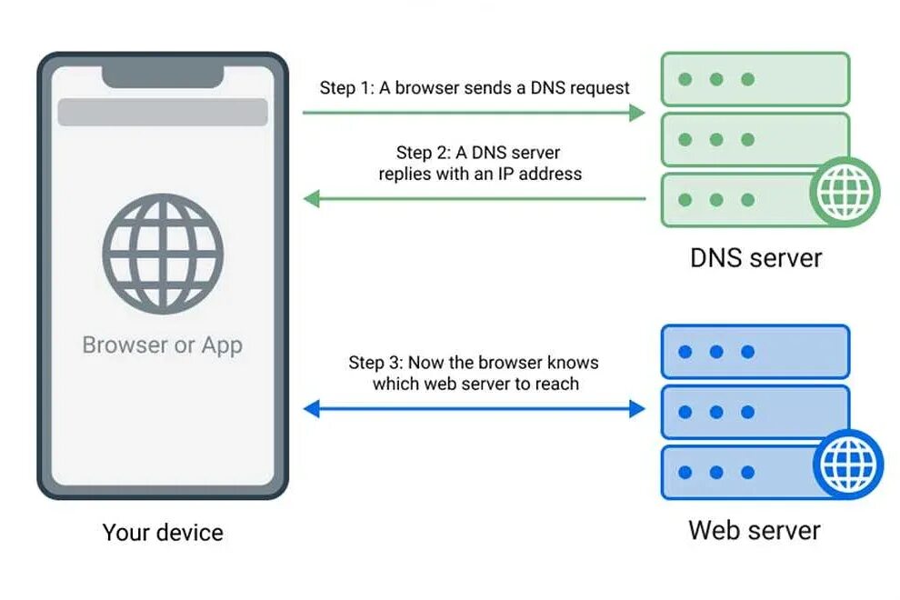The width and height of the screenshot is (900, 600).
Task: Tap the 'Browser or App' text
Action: [x=163, y=345]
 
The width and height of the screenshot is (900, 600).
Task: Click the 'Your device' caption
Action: [x=163, y=532]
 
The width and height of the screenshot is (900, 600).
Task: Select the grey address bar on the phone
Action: [x=163, y=112]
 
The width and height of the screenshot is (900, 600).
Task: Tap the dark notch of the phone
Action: [x=163, y=75]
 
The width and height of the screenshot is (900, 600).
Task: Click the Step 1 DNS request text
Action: [x=475, y=88]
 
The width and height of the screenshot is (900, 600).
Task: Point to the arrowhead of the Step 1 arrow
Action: [x=637, y=112]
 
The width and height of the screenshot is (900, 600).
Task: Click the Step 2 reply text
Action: [x=480, y=163]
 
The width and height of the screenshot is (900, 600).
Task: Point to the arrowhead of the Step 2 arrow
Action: [x=312, y=197]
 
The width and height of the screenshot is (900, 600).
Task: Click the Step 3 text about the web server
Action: [x=474, y=373]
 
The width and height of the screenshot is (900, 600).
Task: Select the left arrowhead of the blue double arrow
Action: [x=312, y=409]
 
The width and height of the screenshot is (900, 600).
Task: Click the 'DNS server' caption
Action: [x=755, y=257]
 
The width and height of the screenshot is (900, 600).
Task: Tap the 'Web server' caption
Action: [x=755, y=530]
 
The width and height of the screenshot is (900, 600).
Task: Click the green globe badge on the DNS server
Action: [x=845, y=191]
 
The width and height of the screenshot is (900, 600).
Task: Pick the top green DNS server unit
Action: [x=755, y=79]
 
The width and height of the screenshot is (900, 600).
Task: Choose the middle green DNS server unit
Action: [x=755, y=139]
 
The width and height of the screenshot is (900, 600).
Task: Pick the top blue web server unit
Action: [x=755, y=352]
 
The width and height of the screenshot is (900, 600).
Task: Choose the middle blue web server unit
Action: [x=755, y=412]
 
